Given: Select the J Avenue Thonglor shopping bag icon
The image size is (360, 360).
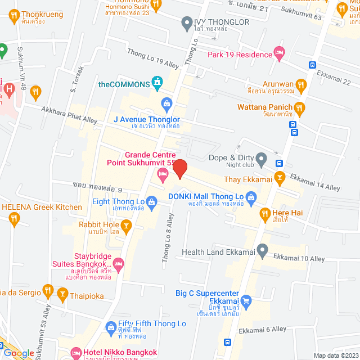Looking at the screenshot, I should click(x=166, y=103).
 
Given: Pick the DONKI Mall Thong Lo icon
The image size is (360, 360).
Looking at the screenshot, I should click(x=251, y=196).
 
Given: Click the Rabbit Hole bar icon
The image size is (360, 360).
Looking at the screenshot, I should click(x=127, y=227).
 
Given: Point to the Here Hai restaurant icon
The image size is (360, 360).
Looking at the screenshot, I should click(x=264, y=213).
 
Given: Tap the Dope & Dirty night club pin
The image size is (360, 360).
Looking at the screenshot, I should click(x=261, y=159).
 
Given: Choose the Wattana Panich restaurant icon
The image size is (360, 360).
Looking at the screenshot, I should click(x=300, y=107).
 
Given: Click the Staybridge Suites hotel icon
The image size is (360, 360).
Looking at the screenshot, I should click(x=118, y=263).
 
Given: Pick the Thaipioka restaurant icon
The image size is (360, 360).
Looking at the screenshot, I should click(x=62, y=293).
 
